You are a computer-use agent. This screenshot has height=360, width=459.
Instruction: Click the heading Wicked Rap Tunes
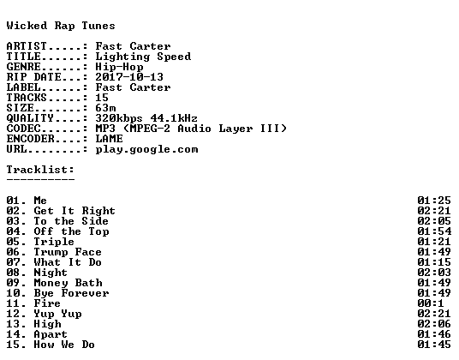pyautogui.click(x=61, y=26)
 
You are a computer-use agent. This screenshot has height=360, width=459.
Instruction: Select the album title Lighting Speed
pyautogui.click(x=143, y=57)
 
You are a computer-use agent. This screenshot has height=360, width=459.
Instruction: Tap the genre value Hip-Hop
pyautogui.click(x=119, y=67)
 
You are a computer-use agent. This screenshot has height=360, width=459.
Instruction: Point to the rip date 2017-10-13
pyautogui.click(x=129, y=77)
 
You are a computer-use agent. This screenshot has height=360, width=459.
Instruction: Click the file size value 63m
pyautogui.click(x=105, y=108)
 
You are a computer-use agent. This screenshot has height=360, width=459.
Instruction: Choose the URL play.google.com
pyautogui.click(x=146, y=149)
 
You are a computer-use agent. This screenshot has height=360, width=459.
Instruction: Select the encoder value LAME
pyautogui.click(x=110, y=139)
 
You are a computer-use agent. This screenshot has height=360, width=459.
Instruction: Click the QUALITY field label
pyautogui.click(x=30, y=118)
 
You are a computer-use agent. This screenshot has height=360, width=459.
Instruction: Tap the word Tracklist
pyautogui.click(x=39, y=170)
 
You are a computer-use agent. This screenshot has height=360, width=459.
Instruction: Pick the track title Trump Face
pyautogui.click(x=68, y=252)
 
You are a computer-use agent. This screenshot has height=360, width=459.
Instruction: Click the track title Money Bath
pyautogui.click(x=69, y=283)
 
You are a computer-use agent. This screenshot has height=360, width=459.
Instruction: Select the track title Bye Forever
pyautogui.click(x=71, y=293)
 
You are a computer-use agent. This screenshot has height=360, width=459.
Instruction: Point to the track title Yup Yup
pyautogui.click(x=57, y=314)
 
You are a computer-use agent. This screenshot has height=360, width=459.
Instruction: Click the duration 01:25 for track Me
pyautogui.click(x=434, y=201)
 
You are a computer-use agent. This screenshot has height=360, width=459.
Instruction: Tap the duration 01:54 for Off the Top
pyautogui.click(x=434, y=231)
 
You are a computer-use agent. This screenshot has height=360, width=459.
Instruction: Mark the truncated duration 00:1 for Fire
pyautogui.click(x=431, y=303)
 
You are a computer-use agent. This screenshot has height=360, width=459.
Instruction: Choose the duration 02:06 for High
pyautogui.click(x=434, y=324)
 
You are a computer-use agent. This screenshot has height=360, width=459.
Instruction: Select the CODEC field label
pyautogui.click(x=23, y=129)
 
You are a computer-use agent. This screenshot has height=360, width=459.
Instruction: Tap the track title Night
pyautogui.click(x=51, y=273)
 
